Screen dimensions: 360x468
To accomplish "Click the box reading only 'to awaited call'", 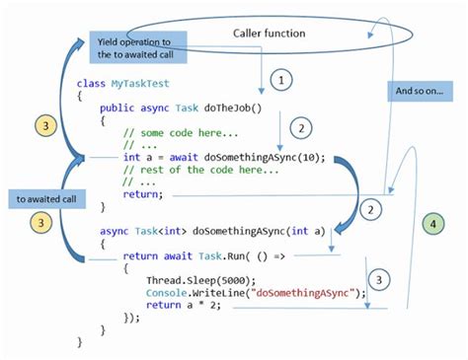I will pyautogui.click(x=45, y=200).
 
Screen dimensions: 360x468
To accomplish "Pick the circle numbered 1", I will pyautogui.click(x=282, y=79).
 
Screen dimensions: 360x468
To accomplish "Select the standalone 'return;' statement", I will pyautogui.click(x=143, y=193).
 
